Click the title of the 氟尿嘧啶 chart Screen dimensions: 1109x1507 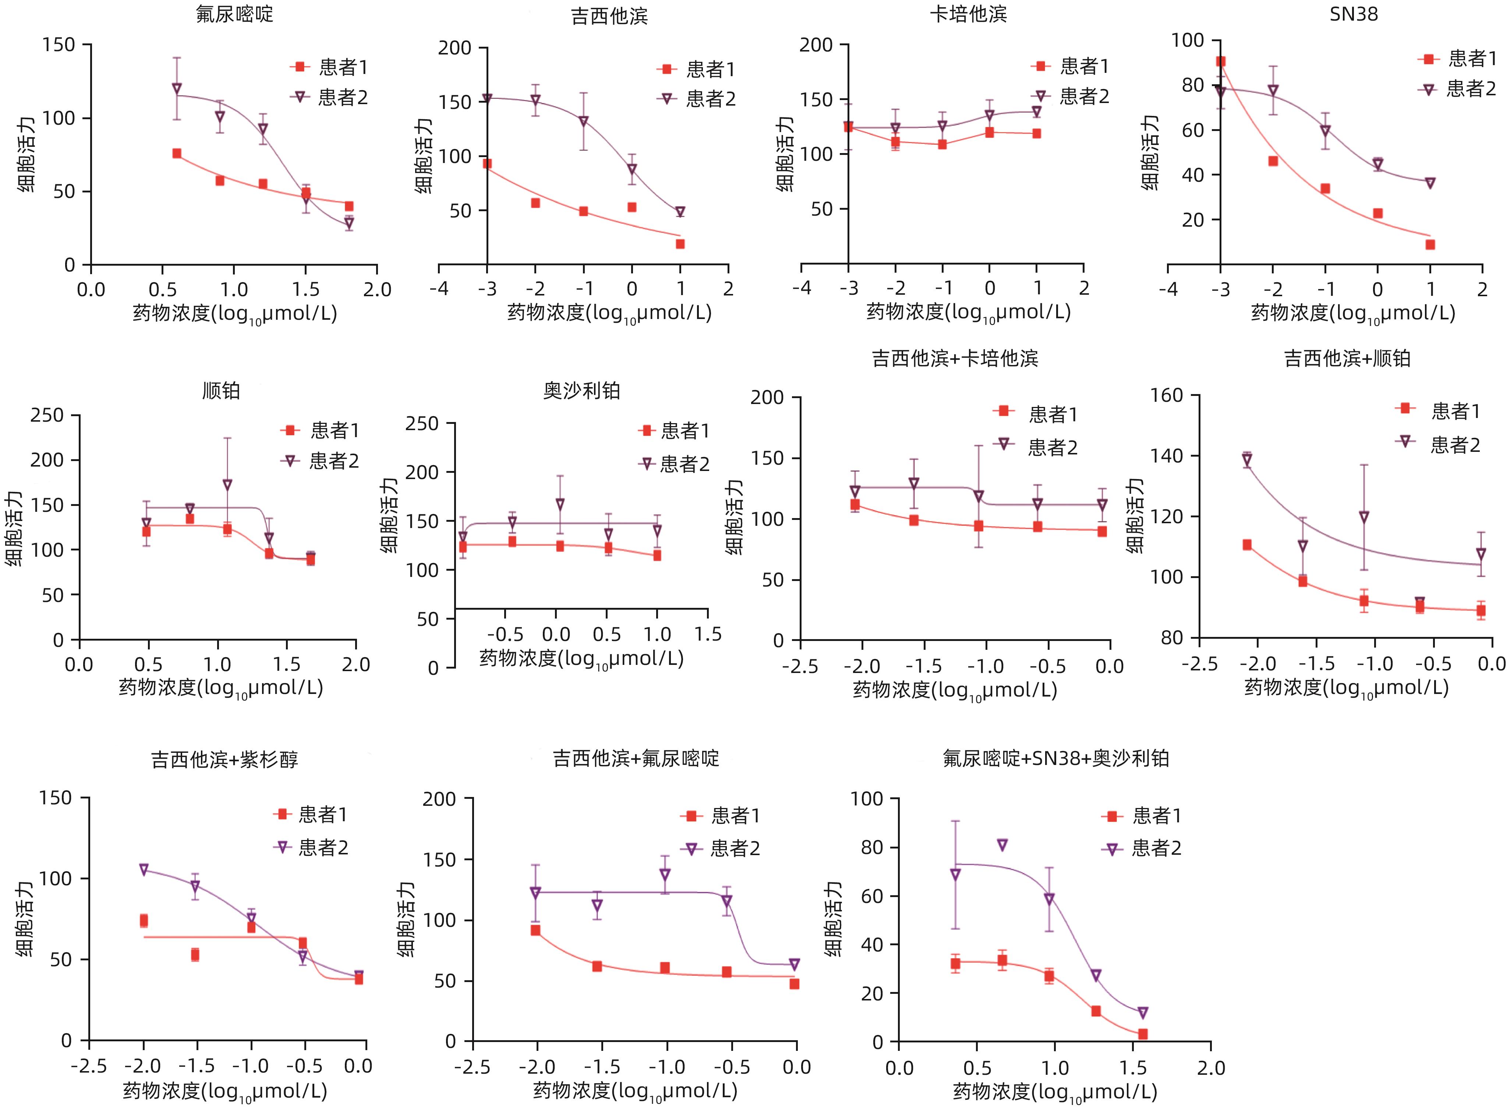coord(234,14)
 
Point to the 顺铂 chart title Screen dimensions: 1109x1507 coord(221,391)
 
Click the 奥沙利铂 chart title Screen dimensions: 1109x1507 coord(581,391)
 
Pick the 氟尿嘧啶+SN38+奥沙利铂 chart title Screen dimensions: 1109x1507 coord(1056,758)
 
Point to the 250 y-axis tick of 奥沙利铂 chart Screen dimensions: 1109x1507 coord(422,424)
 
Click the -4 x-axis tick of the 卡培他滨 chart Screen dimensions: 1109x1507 coord(802,288)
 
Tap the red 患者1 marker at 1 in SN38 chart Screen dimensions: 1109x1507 coord(1430,244)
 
